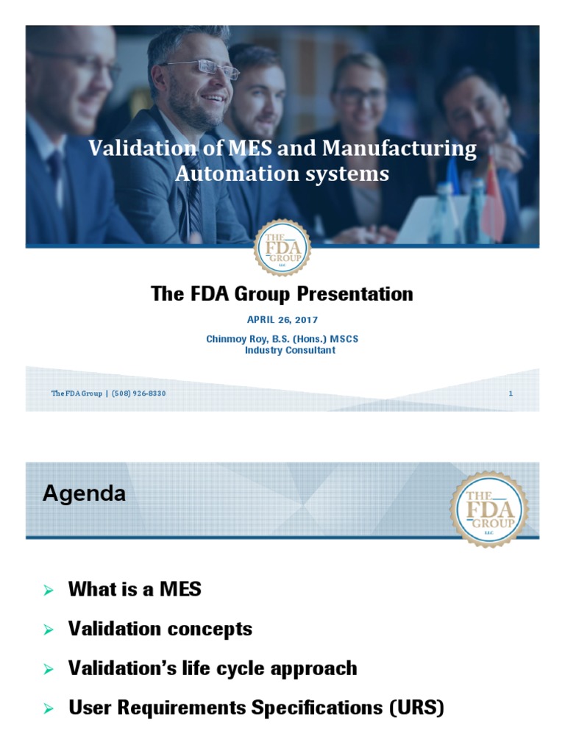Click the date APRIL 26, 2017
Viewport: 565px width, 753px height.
tap(282, 320)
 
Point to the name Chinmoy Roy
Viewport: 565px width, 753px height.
tap(237, 339)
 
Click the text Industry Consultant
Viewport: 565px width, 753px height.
tap(290, 351)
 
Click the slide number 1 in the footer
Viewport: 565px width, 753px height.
tap(511, 393)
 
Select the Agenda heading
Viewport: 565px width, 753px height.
tap(84, 494)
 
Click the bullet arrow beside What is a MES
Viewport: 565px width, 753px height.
tap(49, 590)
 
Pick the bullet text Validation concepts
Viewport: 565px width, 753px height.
tap(160, 629)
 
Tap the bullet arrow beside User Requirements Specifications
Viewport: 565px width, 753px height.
tap(49, 710)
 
